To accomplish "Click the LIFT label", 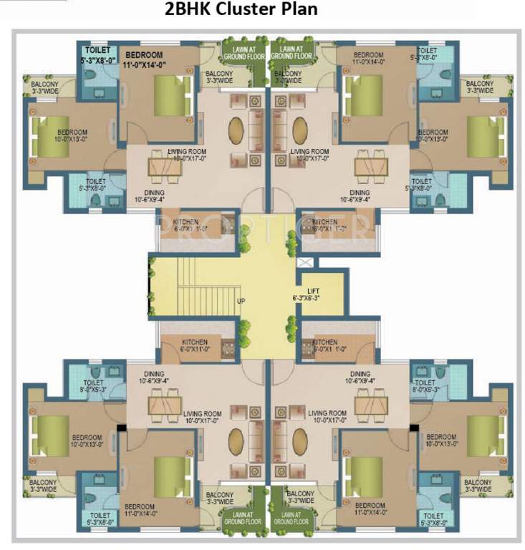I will [313, 291].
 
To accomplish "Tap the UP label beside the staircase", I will [241, 301].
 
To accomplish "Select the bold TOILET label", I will [98, 51].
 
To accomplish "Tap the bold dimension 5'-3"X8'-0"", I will [100, 60].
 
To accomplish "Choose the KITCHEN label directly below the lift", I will [325, 342].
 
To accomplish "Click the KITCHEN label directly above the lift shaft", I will [324, 222].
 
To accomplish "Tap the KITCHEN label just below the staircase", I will [195, 342].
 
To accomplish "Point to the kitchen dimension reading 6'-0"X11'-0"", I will [195, 350].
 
